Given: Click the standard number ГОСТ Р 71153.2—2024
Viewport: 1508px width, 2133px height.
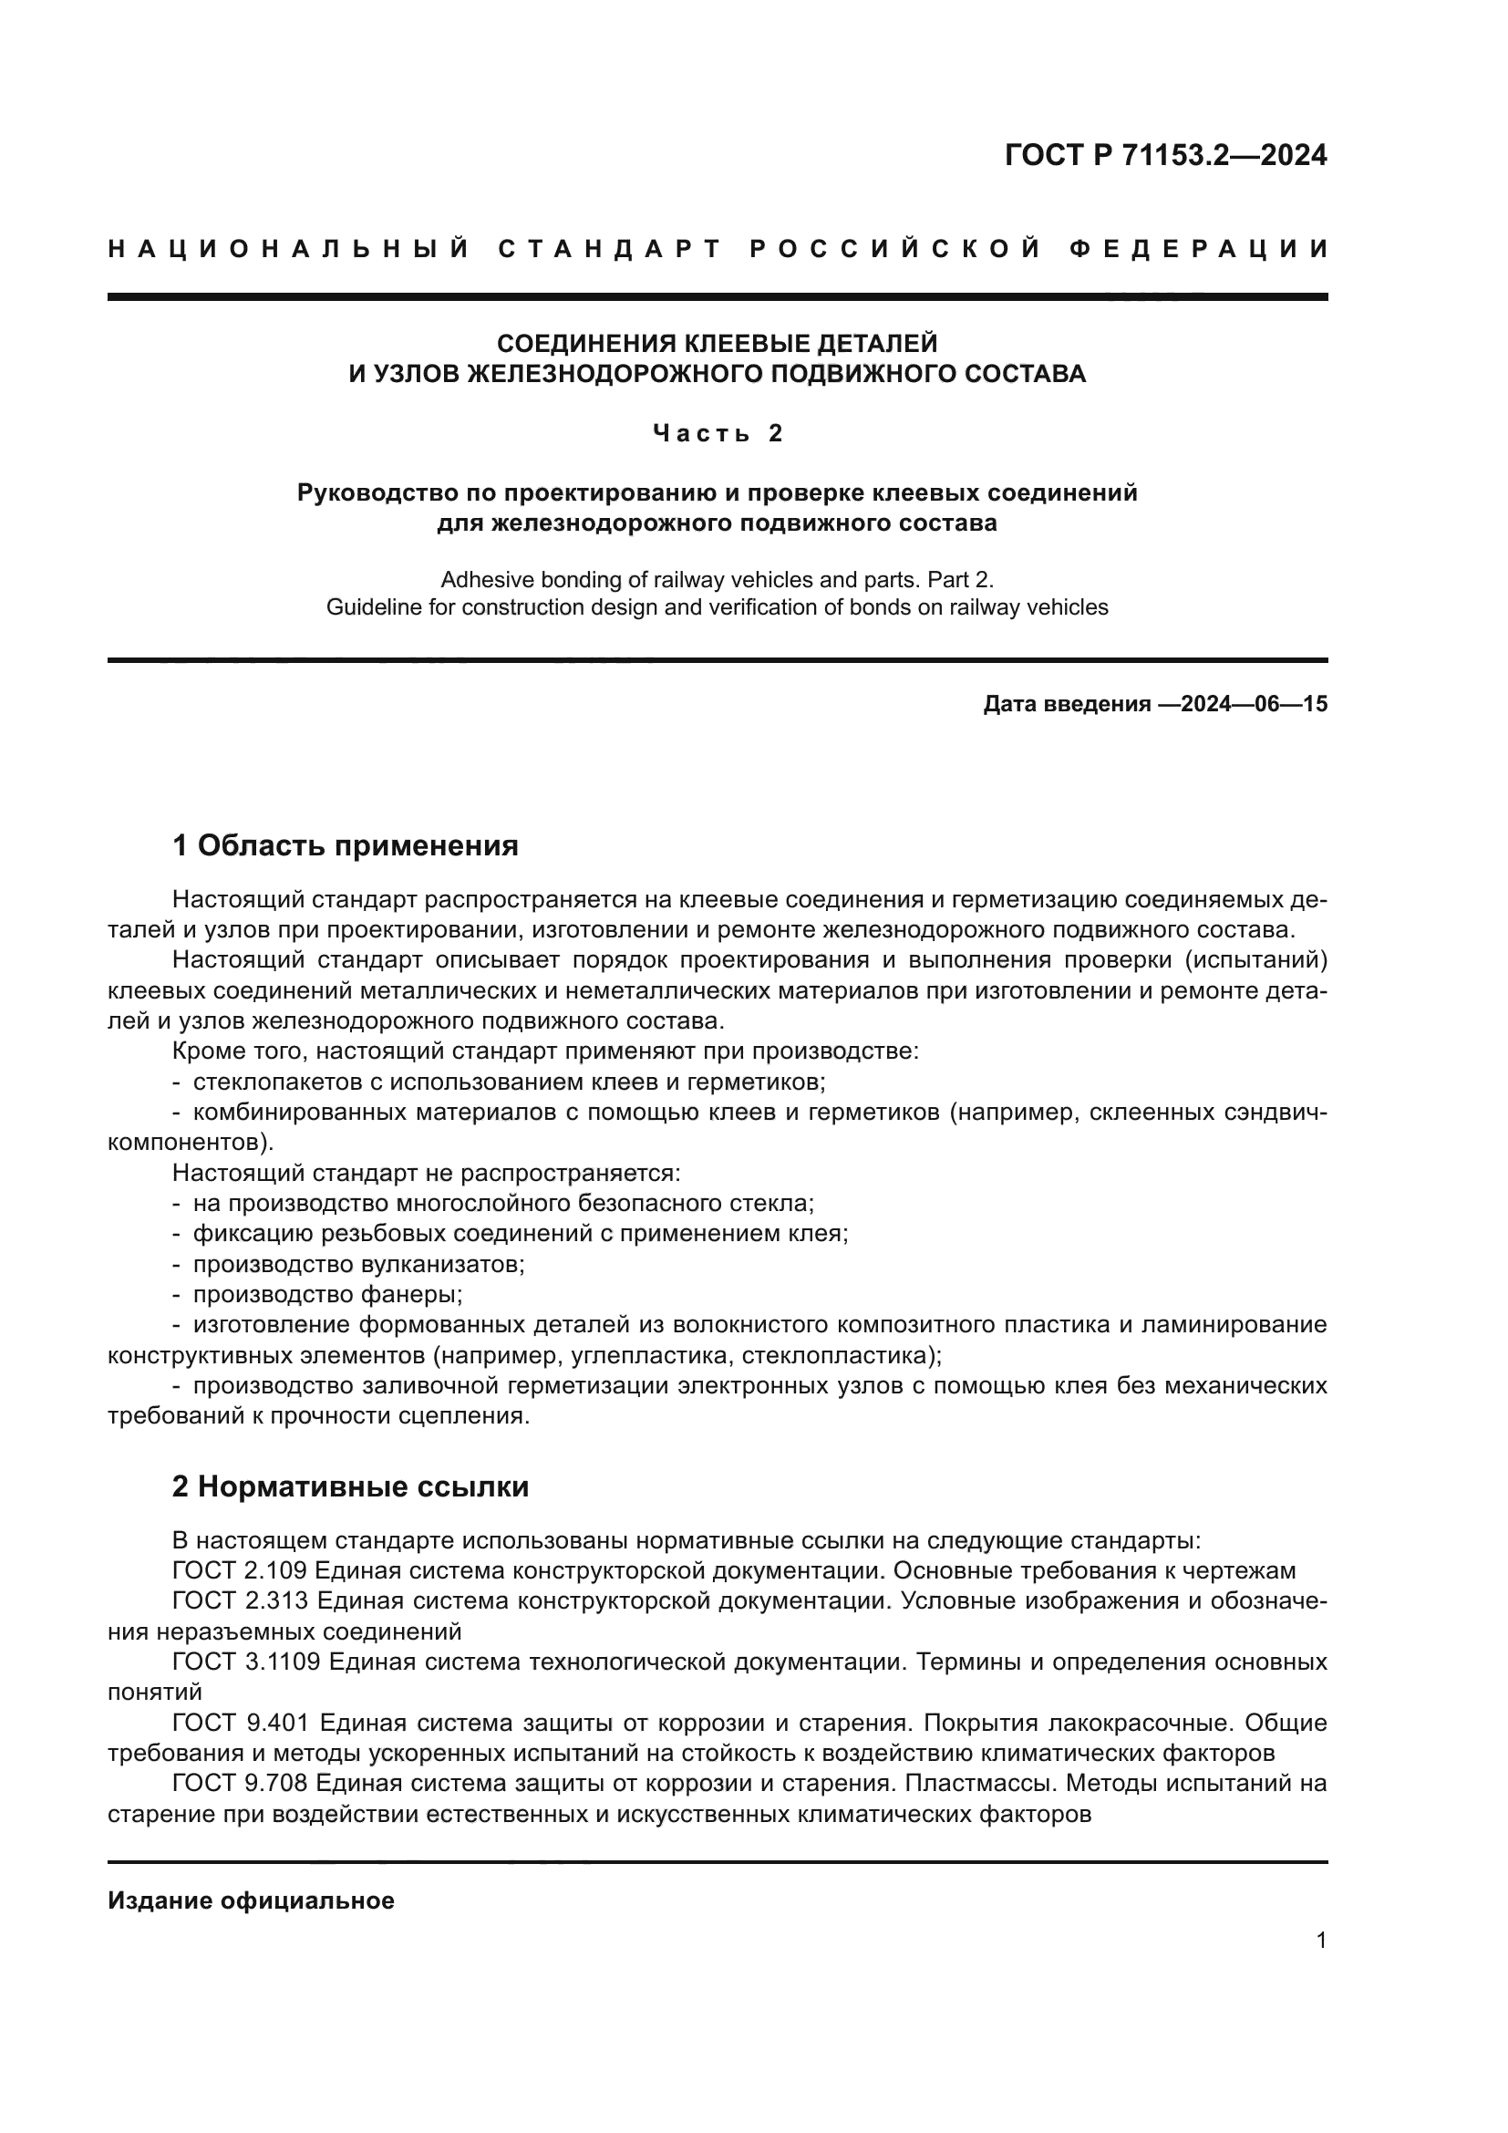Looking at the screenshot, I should (x=1165, y=155).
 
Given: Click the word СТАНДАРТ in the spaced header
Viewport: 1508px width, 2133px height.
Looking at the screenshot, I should (x=610, y=249).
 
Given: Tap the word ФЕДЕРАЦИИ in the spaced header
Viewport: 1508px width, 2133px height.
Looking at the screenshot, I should (x=1199, y=249).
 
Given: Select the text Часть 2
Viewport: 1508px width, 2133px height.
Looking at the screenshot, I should (x=718, y=433).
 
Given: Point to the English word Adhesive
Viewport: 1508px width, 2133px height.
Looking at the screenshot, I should (x=480, y=580).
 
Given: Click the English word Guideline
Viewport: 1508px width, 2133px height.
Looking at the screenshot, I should (x=368, y=607).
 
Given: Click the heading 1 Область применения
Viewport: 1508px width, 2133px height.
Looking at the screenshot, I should (x=345, y=845).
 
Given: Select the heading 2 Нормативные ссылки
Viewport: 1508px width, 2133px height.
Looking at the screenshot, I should (x=350, y=1486).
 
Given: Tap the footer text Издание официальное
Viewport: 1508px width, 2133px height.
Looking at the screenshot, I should (x=251, y=1900).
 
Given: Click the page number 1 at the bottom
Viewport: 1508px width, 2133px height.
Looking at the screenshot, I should (x=1320, y=1941).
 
